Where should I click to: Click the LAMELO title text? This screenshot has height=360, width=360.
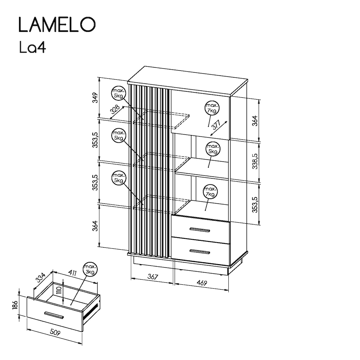point(57,25)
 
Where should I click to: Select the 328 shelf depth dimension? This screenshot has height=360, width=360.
point(115,110)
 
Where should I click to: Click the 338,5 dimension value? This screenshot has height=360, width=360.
point(255,161)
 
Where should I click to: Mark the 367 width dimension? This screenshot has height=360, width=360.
point(152,277)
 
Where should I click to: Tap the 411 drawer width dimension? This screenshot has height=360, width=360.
point(72,273)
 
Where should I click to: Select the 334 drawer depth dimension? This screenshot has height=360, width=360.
point(41,278)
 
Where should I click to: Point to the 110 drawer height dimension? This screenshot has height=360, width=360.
point(59,292)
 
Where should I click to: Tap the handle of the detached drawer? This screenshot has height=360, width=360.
point(54,315)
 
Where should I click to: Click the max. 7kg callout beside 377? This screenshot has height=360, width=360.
point(211,108)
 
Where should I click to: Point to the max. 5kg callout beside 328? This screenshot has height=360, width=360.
point(118,93)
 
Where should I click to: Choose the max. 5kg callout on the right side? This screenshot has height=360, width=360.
point(213,149)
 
